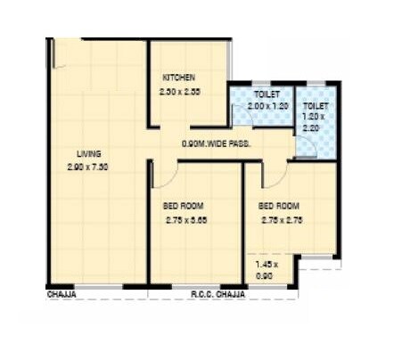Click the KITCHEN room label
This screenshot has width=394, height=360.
(178, 78)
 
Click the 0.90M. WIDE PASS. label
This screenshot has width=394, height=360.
(216, 143)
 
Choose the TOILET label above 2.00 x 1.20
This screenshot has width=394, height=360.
(266, 93)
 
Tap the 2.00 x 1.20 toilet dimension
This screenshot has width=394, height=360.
(266, 105)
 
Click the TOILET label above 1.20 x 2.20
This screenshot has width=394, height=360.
(316, 93)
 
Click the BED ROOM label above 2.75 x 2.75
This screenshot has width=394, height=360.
(281, 205)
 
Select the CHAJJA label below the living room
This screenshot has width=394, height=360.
(61, 292)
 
